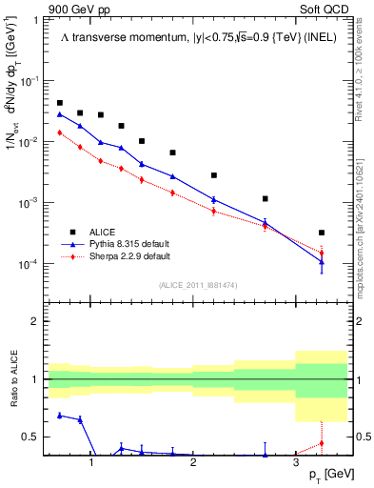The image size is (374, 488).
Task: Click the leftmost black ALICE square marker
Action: (x=60, y=103)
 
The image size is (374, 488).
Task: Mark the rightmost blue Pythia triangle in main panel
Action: (x=322, y=261)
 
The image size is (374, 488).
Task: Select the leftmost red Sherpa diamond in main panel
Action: (x=60, y=132)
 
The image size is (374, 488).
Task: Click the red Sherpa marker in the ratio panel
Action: (x=322, y=443)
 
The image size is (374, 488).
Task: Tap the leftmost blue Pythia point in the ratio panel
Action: (x=60, y=415)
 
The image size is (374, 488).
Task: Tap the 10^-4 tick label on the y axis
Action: (x=29, y=263)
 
